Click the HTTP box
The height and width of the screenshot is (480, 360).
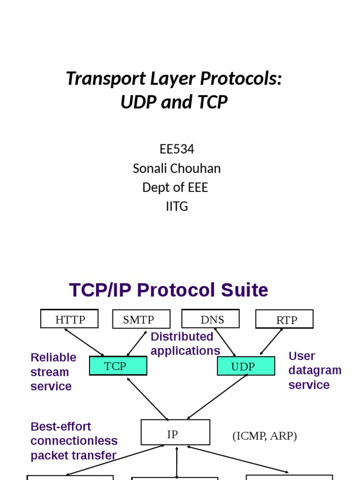coord(69,319)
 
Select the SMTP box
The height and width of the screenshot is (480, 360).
coord(141,320)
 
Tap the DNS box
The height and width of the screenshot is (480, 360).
coord(210,319)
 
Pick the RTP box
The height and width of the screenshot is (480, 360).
coord(284,320)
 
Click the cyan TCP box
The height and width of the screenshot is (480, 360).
coord(118,366)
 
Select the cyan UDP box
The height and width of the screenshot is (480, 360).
coord(246,367)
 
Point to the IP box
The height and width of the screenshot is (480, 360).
coord(175,433)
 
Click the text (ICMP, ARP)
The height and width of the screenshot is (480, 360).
coord(264,436)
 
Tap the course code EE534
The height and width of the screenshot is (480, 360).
coord(177,149)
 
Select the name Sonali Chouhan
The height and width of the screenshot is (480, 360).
coord(177,168)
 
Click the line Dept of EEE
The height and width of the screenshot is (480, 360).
coord(175,187)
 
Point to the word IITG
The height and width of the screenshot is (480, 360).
coord(177,206)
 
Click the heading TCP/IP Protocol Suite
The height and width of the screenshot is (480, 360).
coord(168,290)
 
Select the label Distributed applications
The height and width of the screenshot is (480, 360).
coord(185,344)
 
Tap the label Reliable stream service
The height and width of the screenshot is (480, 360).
coord(53,372)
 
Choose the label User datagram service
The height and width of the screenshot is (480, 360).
coord(315,370)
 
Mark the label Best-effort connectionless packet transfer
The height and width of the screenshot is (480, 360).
coord(74,441)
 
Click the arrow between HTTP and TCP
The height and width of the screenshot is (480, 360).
coord(84,342)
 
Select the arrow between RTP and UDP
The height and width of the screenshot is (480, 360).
coord(271,342)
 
